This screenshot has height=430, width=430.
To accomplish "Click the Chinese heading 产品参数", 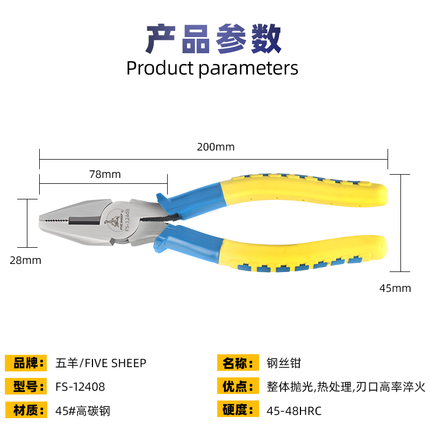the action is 213,38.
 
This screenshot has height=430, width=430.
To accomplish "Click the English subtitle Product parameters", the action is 212,68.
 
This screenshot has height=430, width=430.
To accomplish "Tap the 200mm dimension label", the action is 216,147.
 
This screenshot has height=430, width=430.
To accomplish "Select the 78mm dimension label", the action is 104,174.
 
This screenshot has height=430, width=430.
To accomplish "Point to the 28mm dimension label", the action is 25,260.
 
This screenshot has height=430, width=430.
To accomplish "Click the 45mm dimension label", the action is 395,288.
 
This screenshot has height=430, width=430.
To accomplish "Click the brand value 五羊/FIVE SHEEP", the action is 101,363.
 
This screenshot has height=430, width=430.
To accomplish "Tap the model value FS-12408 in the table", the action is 80,387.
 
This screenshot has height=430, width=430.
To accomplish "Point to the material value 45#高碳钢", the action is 83,411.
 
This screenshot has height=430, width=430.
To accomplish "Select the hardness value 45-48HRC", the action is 294,411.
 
